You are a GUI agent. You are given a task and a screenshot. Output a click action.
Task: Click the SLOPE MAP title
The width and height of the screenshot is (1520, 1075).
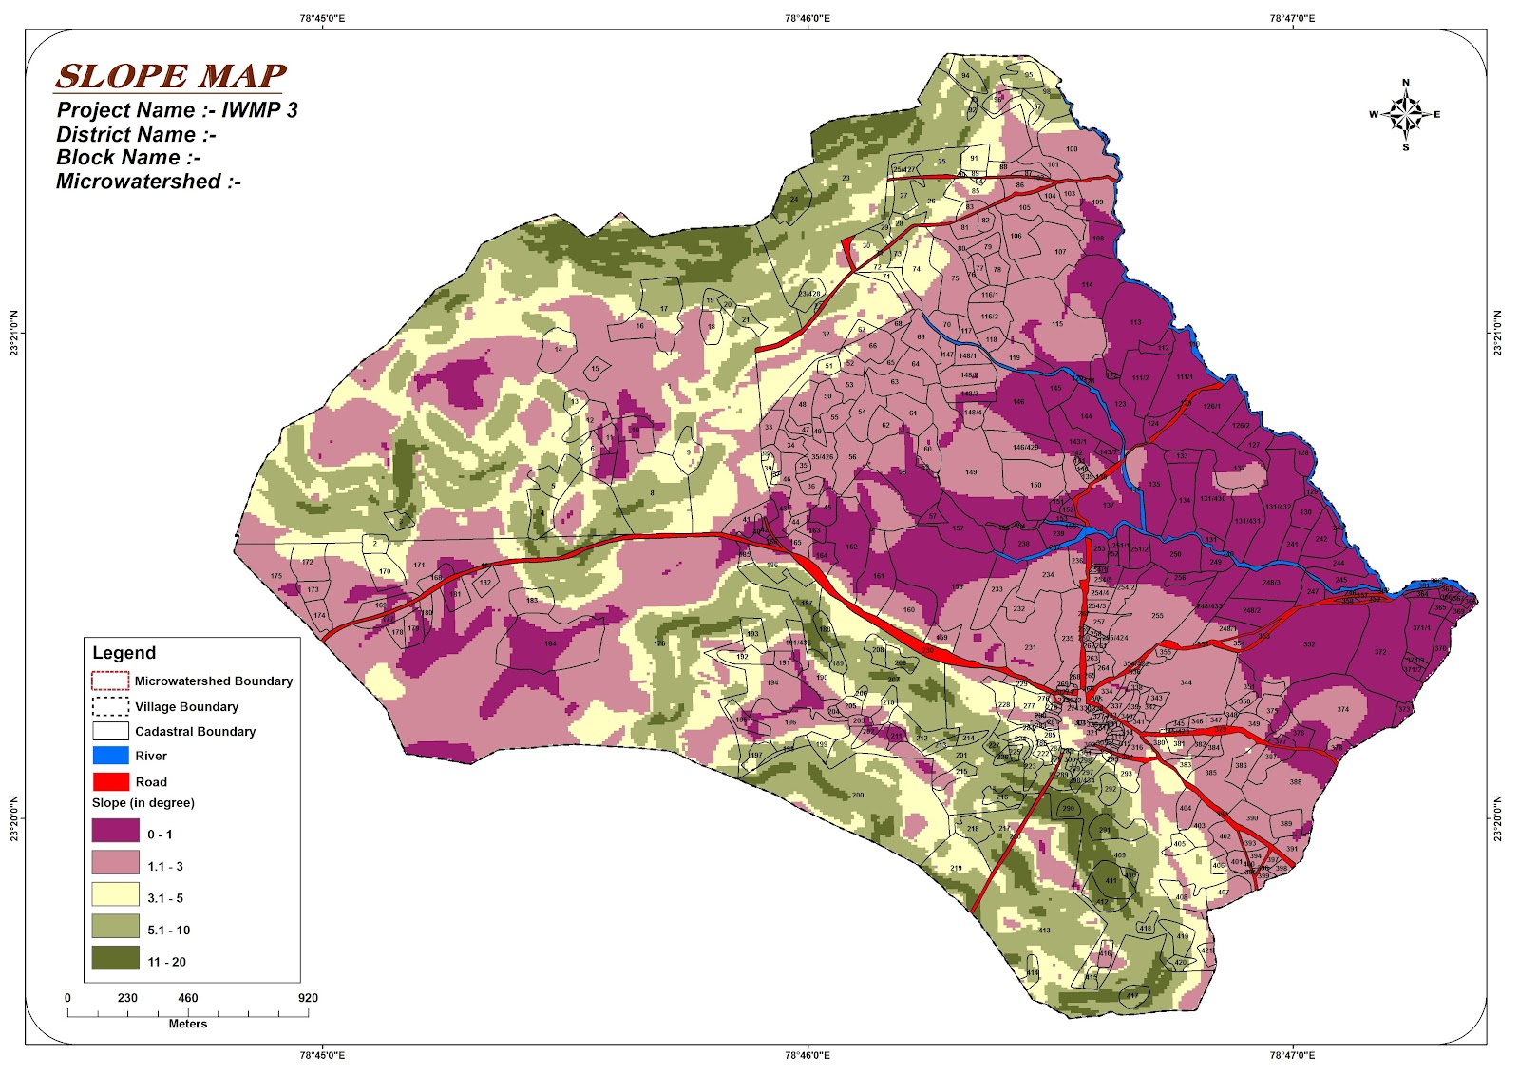(171, 76)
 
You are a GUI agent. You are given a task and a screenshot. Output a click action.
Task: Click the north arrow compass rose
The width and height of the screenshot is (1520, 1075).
(1406, 114)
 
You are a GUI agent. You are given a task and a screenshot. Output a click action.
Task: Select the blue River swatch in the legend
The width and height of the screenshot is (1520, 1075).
(110, 757)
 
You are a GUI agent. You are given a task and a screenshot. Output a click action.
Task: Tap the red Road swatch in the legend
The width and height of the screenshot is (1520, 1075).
(110, 782)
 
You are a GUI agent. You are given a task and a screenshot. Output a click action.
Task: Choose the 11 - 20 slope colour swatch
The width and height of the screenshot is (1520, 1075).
(115, 958)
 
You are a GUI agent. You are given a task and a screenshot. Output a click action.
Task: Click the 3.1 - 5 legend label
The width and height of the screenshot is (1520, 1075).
(165, 898)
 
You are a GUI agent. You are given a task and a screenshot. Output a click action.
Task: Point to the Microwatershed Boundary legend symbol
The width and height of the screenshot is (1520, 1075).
(110, 681)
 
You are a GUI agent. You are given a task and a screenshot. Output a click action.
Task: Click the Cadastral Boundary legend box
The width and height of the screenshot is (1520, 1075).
(110, 731)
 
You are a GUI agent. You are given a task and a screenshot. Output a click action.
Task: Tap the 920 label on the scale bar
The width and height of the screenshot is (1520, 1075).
(307, 998)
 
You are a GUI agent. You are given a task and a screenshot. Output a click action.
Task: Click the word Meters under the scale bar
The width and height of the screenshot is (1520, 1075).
(188, 1024)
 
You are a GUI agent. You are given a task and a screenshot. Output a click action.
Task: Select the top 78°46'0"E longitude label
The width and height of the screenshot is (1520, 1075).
(807, 18)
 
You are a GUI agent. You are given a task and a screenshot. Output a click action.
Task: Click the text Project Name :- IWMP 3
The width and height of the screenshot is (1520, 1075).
(178, 110)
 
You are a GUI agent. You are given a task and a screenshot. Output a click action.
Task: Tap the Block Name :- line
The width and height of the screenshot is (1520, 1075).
(128, 158)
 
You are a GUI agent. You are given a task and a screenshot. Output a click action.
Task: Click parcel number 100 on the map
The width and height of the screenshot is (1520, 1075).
(1072, 149)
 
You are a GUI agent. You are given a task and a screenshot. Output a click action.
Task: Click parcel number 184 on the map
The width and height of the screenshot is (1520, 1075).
(550, 644)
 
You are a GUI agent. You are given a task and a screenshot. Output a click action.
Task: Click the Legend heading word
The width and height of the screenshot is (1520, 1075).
(123, 653)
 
